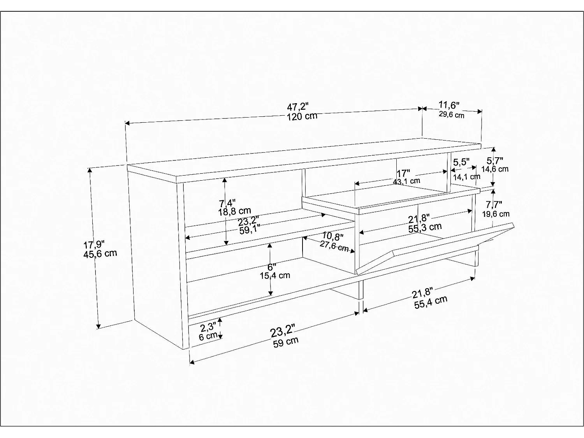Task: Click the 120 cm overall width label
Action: [302, 116]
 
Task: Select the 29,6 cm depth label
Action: [452, 114]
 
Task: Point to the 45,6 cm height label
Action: [100, 253]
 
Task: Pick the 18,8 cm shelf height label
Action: [235, 211]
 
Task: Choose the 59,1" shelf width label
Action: [250, 230]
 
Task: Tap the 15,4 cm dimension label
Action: [274, 276]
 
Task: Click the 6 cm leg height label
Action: [208, 336]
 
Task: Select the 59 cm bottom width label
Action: [285, 342]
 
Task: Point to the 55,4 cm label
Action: [430, 302]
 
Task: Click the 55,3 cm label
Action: [425, 227]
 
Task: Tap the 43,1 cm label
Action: [406, 181]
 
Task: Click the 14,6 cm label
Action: [495, 169]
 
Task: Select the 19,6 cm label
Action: [496, 214]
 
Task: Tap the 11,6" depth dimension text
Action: [449, 105]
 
